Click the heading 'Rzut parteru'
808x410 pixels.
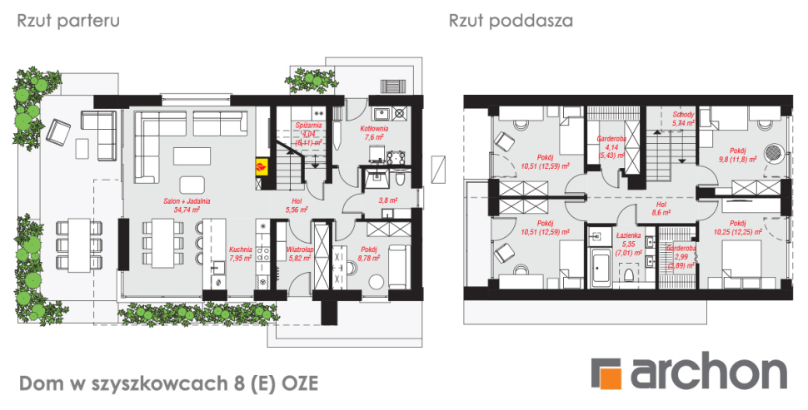tap(69, 21)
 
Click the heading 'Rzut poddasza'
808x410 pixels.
tap(510, 21)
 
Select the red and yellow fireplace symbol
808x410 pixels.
tap(262, 165)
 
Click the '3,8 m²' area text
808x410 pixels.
tap(387, 200)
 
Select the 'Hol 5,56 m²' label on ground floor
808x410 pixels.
tap(297, 205)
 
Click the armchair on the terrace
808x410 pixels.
tap(61, 130)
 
